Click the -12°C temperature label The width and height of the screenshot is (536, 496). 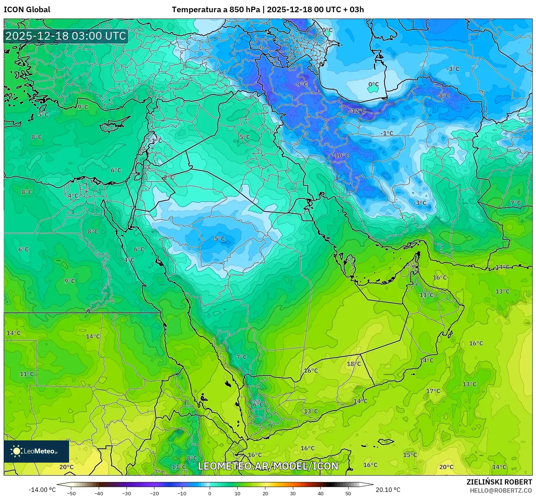coord(358,111)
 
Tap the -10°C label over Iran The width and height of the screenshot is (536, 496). coord(341,156)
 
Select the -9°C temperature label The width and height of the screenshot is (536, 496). coord(301,85)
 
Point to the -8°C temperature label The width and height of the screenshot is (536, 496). coord(442,96)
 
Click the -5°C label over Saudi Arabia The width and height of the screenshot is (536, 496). coord(218,239)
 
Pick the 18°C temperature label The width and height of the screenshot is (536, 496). coord(353,364)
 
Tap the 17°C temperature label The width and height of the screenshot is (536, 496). coord(433,391)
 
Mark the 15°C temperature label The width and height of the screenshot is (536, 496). coord(410,455)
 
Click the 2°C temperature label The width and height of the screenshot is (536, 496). coord(169,178)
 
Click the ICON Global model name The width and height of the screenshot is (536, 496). coord(27,10)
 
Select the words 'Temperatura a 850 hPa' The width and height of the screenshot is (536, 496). coord(216,10)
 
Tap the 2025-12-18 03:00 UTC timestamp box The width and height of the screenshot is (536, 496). coord(66,36)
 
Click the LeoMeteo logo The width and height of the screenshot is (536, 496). coord(36,451)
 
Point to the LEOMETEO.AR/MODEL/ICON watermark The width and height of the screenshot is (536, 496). coord(268,466)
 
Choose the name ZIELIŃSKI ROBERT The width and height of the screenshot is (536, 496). coord(499,482)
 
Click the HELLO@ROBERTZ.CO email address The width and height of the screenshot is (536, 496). coord(501,490)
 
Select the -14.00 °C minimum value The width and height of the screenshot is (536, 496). coord(42,490)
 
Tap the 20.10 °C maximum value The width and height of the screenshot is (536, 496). coord(388,490)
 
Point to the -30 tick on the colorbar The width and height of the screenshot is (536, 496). coord(126,493)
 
